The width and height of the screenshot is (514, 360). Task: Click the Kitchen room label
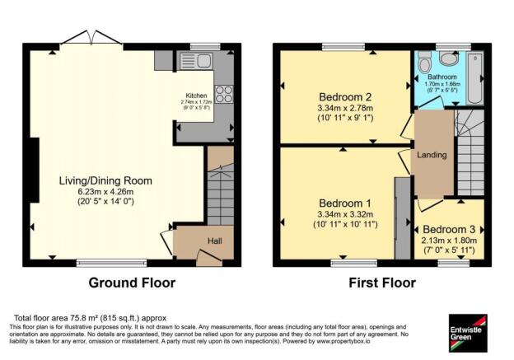point(196,95)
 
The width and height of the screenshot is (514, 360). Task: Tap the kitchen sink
point(201,60)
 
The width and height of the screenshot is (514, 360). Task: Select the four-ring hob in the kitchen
point(223,93)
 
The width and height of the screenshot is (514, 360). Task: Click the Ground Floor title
point(133,283)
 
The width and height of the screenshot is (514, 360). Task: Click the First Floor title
point(381,283)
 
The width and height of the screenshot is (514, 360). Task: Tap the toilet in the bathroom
point(424,61)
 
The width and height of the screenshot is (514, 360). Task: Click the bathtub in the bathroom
point(477,78)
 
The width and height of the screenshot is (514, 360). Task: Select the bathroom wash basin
point(450,57)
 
